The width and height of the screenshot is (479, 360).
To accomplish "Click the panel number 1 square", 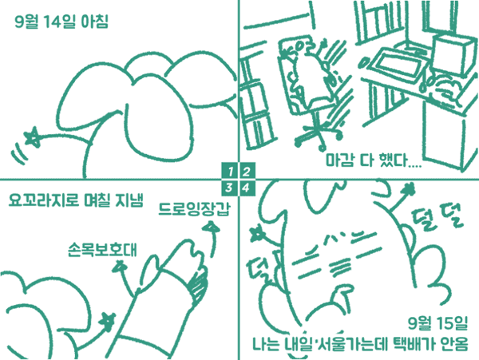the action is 229,171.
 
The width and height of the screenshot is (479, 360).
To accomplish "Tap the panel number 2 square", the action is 247,171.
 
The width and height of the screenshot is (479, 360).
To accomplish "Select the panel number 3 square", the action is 229,188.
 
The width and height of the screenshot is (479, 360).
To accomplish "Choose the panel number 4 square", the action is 247,188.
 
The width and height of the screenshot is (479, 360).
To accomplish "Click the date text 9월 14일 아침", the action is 61,22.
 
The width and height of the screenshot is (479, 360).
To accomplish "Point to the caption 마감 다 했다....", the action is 374,160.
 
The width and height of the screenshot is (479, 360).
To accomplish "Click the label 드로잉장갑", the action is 194,209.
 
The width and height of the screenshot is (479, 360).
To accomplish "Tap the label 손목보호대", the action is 102,250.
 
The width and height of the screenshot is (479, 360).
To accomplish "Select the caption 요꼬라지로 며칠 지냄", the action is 76,200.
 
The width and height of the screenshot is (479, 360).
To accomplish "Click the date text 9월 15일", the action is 437,323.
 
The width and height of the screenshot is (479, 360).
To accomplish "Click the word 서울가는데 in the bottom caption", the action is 350,344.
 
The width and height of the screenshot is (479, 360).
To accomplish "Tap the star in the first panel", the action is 33,136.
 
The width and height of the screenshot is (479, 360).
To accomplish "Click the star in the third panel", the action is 108,322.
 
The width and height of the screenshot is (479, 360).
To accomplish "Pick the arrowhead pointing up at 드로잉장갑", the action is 211,227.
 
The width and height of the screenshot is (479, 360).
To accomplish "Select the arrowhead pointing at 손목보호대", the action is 120,266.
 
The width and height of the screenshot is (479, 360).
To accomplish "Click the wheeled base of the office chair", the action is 319,135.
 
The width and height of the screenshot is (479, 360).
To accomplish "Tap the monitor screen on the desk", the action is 397,65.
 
